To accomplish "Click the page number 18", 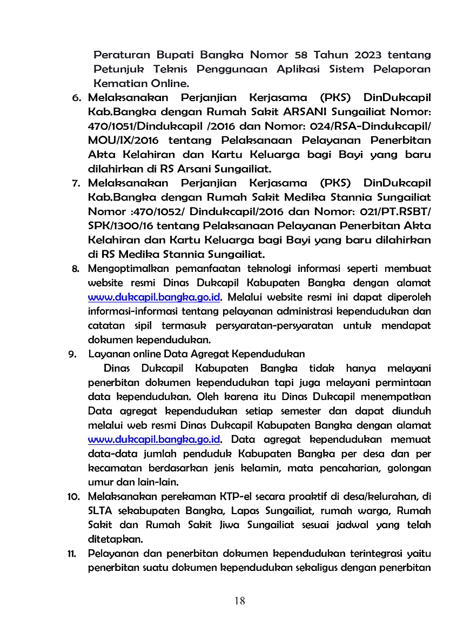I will (x=240, y=601).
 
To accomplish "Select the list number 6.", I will (x=77, y=98).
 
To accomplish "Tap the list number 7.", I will (x=77, y=183).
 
